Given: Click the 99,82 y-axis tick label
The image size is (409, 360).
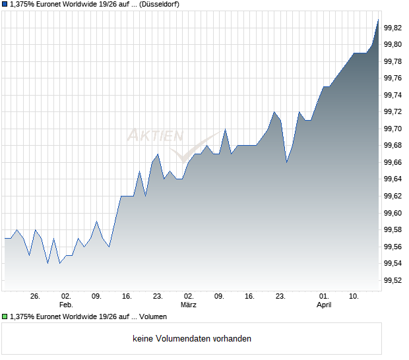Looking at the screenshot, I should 393,28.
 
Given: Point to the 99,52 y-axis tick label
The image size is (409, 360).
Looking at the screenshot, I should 393,280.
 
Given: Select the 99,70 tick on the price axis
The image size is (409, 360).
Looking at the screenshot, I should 393,129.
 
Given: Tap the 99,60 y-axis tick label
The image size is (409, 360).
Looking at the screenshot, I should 393,213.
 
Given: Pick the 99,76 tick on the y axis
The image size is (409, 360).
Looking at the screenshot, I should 393,78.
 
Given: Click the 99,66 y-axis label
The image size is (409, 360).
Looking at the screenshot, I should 393,162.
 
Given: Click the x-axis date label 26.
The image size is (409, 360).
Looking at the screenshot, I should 36,297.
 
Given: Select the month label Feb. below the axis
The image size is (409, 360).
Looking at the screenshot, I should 65,305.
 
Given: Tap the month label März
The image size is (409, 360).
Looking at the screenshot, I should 189,305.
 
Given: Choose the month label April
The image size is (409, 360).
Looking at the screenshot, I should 324,305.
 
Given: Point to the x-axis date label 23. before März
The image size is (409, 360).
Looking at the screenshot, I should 158,297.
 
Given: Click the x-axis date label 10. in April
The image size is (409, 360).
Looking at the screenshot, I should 354,297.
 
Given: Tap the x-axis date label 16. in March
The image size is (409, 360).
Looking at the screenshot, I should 250,297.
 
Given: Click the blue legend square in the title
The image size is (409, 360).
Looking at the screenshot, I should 5,5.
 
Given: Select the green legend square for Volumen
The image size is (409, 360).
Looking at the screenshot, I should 5,317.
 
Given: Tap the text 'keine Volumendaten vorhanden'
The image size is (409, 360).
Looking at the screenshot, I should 192,339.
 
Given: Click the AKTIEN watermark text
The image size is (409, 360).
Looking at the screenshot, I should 154,136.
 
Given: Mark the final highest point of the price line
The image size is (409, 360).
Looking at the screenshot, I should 378,20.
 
